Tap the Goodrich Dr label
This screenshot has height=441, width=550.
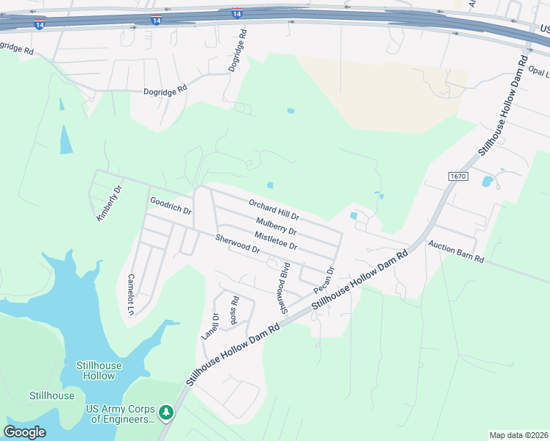point(171,205)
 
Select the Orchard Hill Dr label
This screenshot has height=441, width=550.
point(274,209)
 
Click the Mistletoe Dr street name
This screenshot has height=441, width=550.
point(275,240)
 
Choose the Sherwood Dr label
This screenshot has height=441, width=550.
point(238,244)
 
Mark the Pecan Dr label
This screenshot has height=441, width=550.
point(325,279)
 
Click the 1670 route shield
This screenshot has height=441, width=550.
point(457,177)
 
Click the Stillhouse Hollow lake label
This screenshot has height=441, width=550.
point(99,370)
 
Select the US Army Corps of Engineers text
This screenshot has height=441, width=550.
point(122,414)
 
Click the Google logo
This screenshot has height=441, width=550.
point(25,432)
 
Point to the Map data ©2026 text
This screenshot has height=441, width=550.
point(518,435)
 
